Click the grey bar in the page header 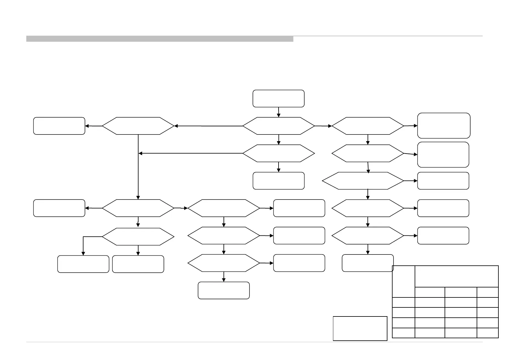[160, 39]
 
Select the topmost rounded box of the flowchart [278, 98]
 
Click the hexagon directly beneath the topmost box [278, 126]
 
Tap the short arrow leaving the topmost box [279, 112]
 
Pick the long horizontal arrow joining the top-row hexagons [209, 126]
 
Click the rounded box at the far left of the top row [59, 126]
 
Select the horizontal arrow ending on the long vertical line [191, 154]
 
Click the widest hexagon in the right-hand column [363, 181]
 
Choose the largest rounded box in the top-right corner [444, 125]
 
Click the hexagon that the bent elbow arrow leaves [138, 236]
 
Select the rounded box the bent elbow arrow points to [83, 264]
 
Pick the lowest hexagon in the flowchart [224, 263]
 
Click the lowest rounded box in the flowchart [224, 290]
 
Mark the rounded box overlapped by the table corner [367, 263]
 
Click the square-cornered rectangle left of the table [360, 328]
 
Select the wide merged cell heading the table [456, 276]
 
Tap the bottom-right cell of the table [488, 333]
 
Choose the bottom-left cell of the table [403, 333]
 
